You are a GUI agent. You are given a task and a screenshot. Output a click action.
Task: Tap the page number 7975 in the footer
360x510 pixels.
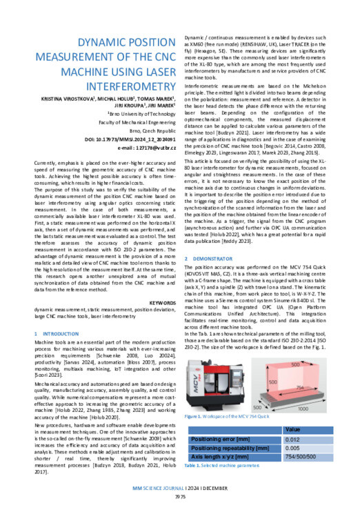tap(180, 496)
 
